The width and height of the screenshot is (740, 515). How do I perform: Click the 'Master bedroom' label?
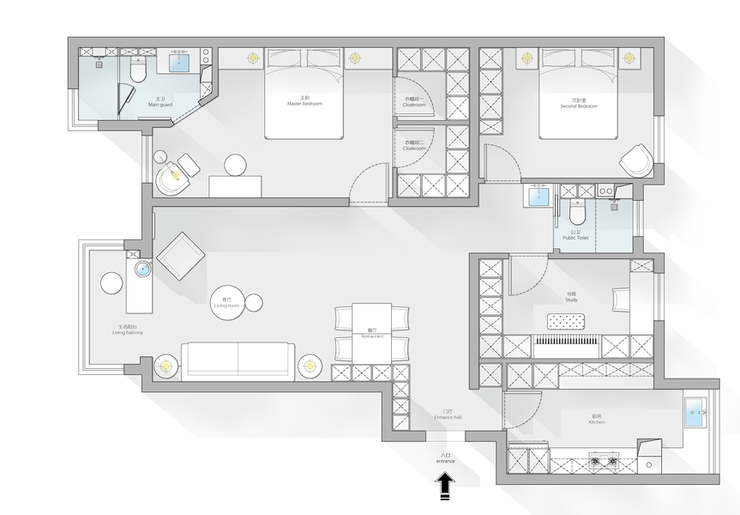(304, 102)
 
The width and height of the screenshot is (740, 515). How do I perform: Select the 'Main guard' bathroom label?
(160, 102)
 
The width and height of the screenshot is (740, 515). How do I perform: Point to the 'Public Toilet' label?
(575, 234)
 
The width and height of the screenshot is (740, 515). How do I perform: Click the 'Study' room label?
(571, 298)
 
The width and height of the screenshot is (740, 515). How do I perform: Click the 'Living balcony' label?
(127, 330)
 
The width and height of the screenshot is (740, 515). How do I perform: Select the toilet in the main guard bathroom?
(137, 65)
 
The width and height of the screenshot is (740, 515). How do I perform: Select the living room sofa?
(238, 360)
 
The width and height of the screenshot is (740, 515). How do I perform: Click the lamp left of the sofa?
(165, 367)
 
